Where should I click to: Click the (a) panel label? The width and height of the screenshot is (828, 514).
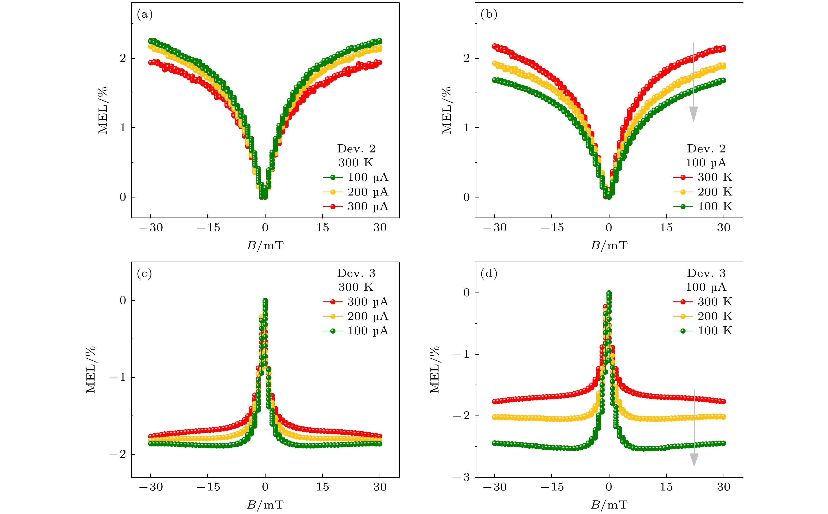pyautogui.click(x=145, y=14)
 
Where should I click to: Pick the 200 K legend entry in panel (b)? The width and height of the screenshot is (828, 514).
pyautogui.click(x=703, y=192)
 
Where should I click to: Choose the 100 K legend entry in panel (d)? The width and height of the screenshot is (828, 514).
pyautogui.click(x=703, y=331)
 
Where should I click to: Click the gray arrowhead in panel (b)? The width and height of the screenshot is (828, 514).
pyautogui.click(x=693, y=114)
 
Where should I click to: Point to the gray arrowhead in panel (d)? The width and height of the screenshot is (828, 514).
pyautogui.click(x=694, y=459)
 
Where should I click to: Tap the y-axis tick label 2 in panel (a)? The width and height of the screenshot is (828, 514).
pyautogui.click(x=123, y=58)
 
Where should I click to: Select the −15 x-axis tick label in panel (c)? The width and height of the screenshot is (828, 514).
pyautogui.click(x=208, y=487)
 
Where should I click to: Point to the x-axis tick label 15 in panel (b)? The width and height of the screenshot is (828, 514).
pyautogui.click(x=666, y=228)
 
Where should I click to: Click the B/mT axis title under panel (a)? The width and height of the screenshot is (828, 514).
pyautogui.click(x=265, y=245)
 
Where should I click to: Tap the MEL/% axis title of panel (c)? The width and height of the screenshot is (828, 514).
pyautogui.click(x=91, y=369)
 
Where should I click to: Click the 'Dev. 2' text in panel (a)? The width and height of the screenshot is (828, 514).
pyautogui.click(x=356, y=149)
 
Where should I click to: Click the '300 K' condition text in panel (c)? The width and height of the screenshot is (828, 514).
pyautogui.click(x=356, y=287)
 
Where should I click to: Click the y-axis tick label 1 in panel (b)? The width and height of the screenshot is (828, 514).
pyautogui.click(x=466, y=128)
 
